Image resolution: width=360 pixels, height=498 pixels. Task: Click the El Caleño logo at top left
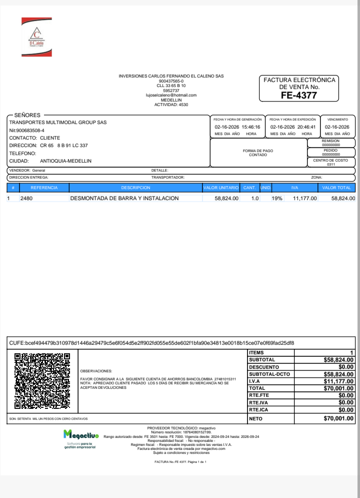[x=36, y=37]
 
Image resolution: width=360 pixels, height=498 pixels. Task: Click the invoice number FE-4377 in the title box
[x=299, y=95]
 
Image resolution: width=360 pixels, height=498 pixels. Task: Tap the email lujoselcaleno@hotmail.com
[x=171, y=95]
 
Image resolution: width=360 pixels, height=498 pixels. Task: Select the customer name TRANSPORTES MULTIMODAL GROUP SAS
[x=58, y=123]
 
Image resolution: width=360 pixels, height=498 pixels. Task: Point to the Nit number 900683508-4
[x=26, y=130]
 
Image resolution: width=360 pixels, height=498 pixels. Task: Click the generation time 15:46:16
[x=250, y=127]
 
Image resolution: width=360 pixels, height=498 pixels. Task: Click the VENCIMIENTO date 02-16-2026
[x=337, y=127]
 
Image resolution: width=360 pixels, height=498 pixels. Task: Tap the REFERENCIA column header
[x=44, y=188]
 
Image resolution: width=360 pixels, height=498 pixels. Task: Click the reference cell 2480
[x=26, y=198]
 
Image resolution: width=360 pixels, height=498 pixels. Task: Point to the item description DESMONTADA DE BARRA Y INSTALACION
[x=124, y=198]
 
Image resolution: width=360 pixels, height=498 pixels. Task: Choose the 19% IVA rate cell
[x=277, y=198]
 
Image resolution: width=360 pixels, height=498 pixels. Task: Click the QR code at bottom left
[x=42, y=381]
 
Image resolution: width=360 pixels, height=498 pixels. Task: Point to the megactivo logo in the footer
[x=80, y=436]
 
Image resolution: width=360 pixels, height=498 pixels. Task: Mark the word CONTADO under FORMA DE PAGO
[x=258, y=155]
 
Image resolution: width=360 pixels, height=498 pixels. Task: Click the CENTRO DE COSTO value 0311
[x=330, y=164]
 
